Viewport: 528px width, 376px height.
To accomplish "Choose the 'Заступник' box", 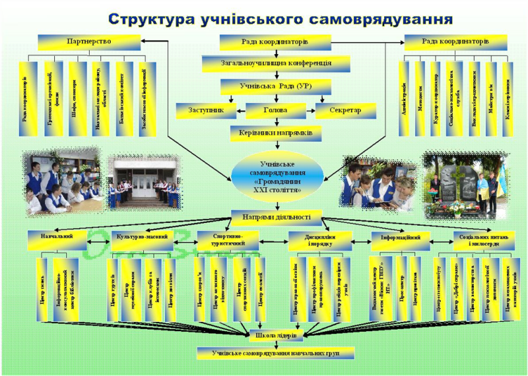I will pos(205,110).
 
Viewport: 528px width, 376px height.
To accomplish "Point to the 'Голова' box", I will pos(275,110).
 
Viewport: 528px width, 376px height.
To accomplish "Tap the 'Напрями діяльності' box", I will pos(276,218).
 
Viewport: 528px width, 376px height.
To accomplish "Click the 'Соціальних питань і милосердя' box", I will pos(484,241).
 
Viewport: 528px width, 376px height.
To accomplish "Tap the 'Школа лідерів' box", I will pos(275,335).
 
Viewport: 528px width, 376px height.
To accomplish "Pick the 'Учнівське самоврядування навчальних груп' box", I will pos(275,353).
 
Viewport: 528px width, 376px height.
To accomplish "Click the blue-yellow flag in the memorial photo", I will pos(501,179).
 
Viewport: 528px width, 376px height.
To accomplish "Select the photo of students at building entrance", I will pos(145,181).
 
